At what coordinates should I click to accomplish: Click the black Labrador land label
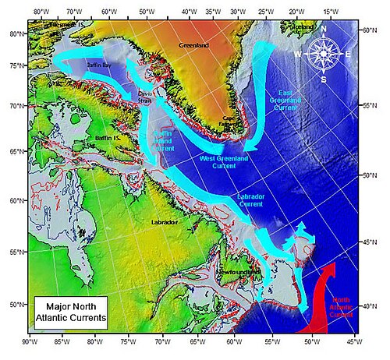tap(165, 222)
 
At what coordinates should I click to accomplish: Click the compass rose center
tap(323, 54)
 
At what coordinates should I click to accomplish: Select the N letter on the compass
tap(323, 28)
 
